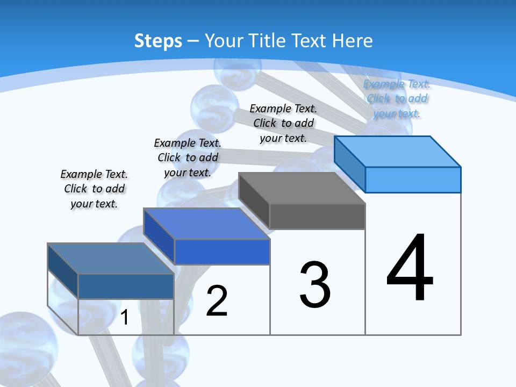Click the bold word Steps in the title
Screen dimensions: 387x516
point(158,41)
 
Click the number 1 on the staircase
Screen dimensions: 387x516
point(124,318)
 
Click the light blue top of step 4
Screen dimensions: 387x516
point(397,151)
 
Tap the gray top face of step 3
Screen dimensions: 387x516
point(302,188)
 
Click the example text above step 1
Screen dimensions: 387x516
point(94,189)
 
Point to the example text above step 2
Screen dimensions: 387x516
point(188,157)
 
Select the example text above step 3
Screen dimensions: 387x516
point(283,123)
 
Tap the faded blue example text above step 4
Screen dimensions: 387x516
point(397,98)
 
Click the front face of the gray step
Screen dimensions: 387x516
point(317,217)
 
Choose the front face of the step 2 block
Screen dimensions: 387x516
point(222,252)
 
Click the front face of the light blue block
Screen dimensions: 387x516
point(413,180)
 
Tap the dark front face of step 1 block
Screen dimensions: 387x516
point(126,286)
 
